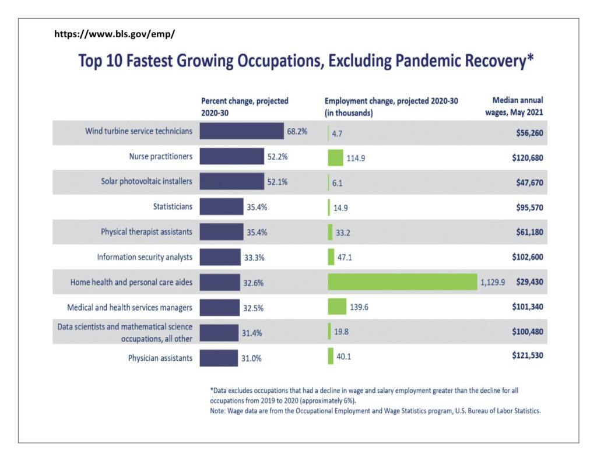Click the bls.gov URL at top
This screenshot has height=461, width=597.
pos(114,34)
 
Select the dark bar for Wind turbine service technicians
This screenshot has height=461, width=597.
pos(241,131)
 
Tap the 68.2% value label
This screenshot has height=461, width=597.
pos(297,132)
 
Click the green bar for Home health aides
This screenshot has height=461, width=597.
pos(402,281)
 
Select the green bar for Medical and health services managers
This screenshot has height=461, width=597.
pos(336,307)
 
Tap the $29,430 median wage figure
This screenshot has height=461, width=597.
pos(529,281)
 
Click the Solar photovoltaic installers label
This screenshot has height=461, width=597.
pos(146,181)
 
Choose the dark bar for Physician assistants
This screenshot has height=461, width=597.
pos(219,358)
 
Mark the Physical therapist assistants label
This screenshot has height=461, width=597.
pos(146,231)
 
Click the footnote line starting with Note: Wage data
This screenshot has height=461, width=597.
pos(375,411)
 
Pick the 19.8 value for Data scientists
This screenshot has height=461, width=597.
pos(340,332)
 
